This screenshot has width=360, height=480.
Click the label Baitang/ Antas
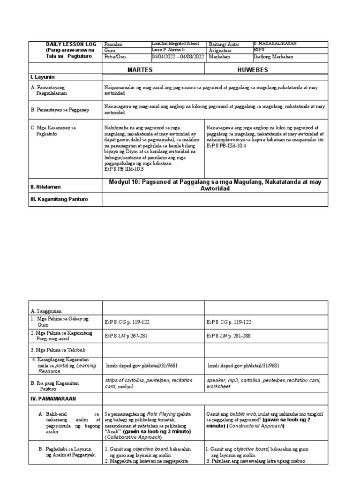click(x=224, y=44)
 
